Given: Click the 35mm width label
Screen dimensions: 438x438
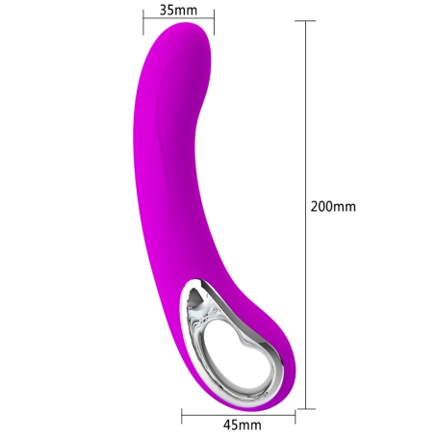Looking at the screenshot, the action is (x=178, y=10).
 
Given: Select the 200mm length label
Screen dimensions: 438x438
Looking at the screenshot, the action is (x=333, y=206).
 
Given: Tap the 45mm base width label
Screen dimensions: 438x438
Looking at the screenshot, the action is (x=243, y=425).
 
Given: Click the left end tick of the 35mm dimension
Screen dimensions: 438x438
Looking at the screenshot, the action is (x=143, y=22).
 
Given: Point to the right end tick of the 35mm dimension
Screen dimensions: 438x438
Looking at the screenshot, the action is (x=214, y=22).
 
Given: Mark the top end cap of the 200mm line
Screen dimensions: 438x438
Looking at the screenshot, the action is (x=305, y=21).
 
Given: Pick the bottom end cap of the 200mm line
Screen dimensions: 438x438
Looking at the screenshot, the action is (x=305, y=409).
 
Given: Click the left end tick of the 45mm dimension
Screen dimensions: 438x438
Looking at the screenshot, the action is (x=182, y=416).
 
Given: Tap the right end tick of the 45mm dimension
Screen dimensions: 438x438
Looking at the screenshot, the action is (x=296, y=416).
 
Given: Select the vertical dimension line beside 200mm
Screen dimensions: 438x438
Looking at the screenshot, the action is (x=305, y=215).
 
